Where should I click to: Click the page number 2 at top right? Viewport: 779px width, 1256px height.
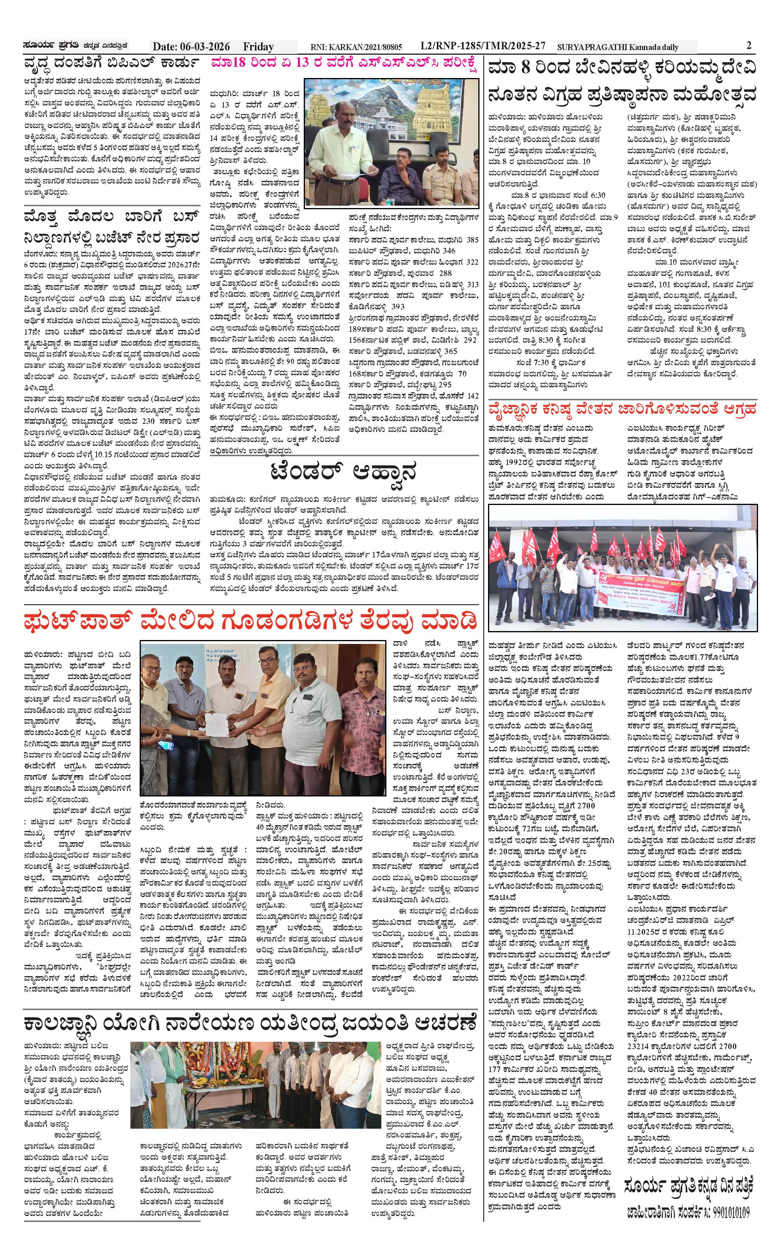[x=749, y=45]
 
